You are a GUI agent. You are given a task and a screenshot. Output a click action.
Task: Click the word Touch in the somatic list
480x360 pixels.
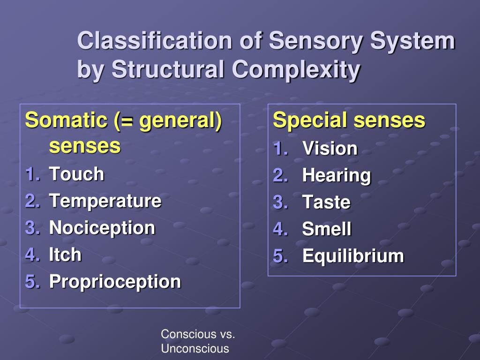(x=76, y=174)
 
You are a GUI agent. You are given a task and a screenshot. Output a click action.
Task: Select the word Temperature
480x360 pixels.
(x=105, y=201)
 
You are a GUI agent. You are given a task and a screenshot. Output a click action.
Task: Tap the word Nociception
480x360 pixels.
(x=102, y=228)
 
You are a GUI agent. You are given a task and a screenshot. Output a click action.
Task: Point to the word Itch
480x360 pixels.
(x=65, y=255)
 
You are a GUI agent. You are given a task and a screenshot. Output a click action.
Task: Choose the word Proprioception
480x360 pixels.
(x=115, y=282)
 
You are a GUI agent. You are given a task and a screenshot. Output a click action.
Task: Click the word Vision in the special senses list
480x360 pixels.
(x=330, y=149)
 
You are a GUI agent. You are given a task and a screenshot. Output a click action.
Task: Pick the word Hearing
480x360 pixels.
(x=336, y=176)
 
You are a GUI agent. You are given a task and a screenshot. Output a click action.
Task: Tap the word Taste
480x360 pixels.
(x=326, y=202)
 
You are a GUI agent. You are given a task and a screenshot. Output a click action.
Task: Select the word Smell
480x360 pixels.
(x=327, y=229)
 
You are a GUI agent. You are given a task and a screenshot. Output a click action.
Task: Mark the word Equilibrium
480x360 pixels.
(x=352, y=256)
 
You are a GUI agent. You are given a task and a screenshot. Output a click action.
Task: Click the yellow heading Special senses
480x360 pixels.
(x=349, y=120)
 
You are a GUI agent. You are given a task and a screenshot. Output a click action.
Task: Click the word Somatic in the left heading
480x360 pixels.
(x=66, y=120)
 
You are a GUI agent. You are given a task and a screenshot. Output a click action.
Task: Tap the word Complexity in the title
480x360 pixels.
(x=296, y=70)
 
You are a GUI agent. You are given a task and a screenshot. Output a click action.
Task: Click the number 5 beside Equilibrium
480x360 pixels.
(x=280, y=256)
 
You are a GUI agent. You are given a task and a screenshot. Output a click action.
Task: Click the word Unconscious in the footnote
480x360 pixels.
(x=195, y=349)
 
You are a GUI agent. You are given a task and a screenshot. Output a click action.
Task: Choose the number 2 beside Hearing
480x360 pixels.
(x=280, y=176)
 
